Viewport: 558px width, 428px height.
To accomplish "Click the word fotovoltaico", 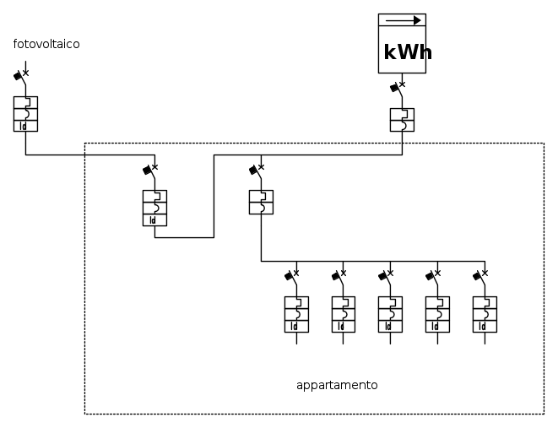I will pyautogui.click(x=46, y=44).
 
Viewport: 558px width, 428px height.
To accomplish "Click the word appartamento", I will pyautogui.click(x=337, y=385).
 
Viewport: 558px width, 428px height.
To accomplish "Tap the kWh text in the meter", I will pyautogui.click(x=407, y=52).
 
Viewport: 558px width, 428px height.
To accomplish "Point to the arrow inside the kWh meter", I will pyautogui.click(x=404, y=20).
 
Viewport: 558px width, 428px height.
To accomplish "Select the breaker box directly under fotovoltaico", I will pyautogui.click(x=25, y=114).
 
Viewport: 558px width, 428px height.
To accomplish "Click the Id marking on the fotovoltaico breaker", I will pyautogui.click(x=24, y=127).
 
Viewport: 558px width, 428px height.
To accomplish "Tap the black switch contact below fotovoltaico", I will pyautogui.click(x=19, y=76).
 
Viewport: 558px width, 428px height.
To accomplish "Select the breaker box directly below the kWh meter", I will pyautogui.click(x=402, y=120).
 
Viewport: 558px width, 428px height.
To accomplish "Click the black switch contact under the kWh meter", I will pyautogui.click(x=394, y=87).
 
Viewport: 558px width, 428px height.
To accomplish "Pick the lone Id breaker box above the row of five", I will pyautogui.click(x=154, y=208).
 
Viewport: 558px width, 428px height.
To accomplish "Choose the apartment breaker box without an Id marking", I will pyautogui.click(x=261, y=203).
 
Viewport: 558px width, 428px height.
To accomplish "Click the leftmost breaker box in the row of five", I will pyautogui.click(x=296, y=314).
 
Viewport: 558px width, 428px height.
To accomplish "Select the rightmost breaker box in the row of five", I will pyautogui.click(x=485, y=314).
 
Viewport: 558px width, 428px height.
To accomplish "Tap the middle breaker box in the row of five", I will pyautogui.click(x=390, y=314).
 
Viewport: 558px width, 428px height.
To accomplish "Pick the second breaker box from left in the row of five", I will pyautogui.click(x=343, y=314).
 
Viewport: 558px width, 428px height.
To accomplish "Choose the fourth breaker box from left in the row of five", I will pyautogui.click(x=437, y=314).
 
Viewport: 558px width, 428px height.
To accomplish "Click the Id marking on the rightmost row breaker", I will pyautogui.click(x=483, y=327).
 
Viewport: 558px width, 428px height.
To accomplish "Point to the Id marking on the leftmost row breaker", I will pyautogui.click(x=295, y=327).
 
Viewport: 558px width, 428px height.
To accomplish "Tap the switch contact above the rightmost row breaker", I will pyautogui.click(x=478, y=276).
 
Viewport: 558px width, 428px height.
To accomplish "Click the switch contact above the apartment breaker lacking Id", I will pyautogui.click(x=254, y=171).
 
